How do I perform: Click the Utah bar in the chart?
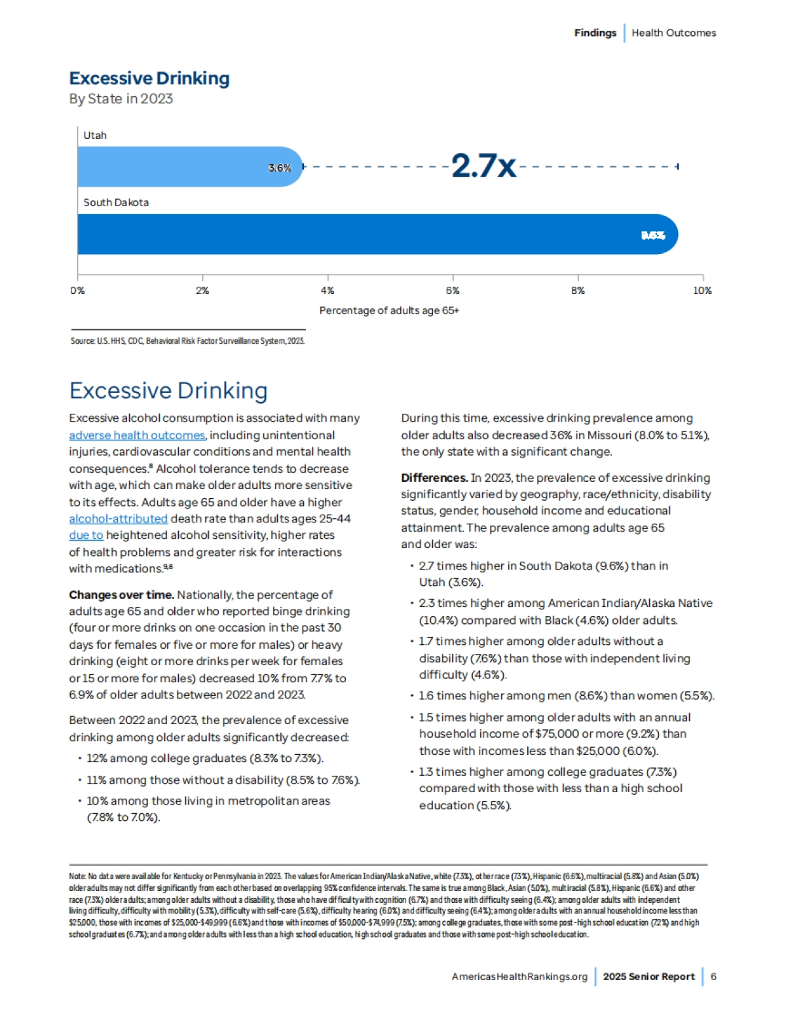[183, 167]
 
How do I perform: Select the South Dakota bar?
[373, 234]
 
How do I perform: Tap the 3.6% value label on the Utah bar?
[280, 168]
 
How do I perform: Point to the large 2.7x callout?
[483, 166]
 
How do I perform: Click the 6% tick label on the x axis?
[453, 291]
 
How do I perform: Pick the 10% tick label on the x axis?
[702, 291]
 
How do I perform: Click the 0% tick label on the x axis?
[77, 291]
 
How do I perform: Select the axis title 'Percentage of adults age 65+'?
[389, 310]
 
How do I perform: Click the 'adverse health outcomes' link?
[137, 435]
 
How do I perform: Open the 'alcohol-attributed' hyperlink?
[119, 518]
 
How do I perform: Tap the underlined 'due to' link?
[86, 535]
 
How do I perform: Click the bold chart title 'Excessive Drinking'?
[149, 79]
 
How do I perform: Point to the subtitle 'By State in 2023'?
[121, 99]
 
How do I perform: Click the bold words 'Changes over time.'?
[121, 595]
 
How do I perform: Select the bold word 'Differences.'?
[434, 478]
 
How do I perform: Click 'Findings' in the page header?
[595, 33]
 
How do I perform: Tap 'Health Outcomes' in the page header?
[673, 33]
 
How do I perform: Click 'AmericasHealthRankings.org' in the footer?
[519, 977]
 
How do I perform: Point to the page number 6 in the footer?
[713, 977]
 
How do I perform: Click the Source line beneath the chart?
[187, 340]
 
